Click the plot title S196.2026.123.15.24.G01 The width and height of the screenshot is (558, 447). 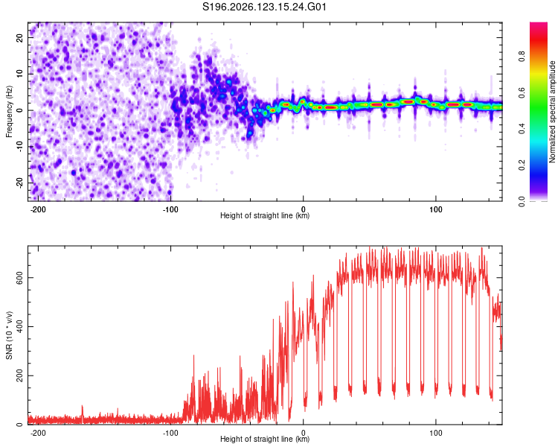tap(264, 7)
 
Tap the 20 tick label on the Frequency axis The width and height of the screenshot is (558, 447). tap(20, 37)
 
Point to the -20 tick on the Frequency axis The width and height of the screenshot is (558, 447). tap(20, 183)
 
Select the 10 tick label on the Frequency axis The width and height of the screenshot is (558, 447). tap(20, 74)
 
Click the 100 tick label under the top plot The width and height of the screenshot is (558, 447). tap(435, 209)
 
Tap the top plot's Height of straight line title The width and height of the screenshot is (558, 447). tap(265, 215)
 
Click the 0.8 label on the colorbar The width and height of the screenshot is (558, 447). tap(522, 57)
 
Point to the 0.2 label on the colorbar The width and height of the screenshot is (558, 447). tap(522, 165)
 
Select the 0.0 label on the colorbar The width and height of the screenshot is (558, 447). tap(522, 201)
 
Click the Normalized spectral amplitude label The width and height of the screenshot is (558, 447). tap(552, 112)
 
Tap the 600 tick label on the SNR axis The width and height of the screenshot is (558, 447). tap(20, 277)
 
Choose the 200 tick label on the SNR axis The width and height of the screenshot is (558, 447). tap(20, 375)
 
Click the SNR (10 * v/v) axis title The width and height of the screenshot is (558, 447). tap(9, 335)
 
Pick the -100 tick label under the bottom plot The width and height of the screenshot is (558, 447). tap(170, 433)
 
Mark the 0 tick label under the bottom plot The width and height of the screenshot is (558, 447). tap(304, 433)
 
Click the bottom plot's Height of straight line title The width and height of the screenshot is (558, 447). tap(265, 439)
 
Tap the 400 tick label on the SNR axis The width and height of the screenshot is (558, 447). tap(20, 326)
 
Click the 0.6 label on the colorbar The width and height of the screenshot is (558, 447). tap(522, 93)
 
